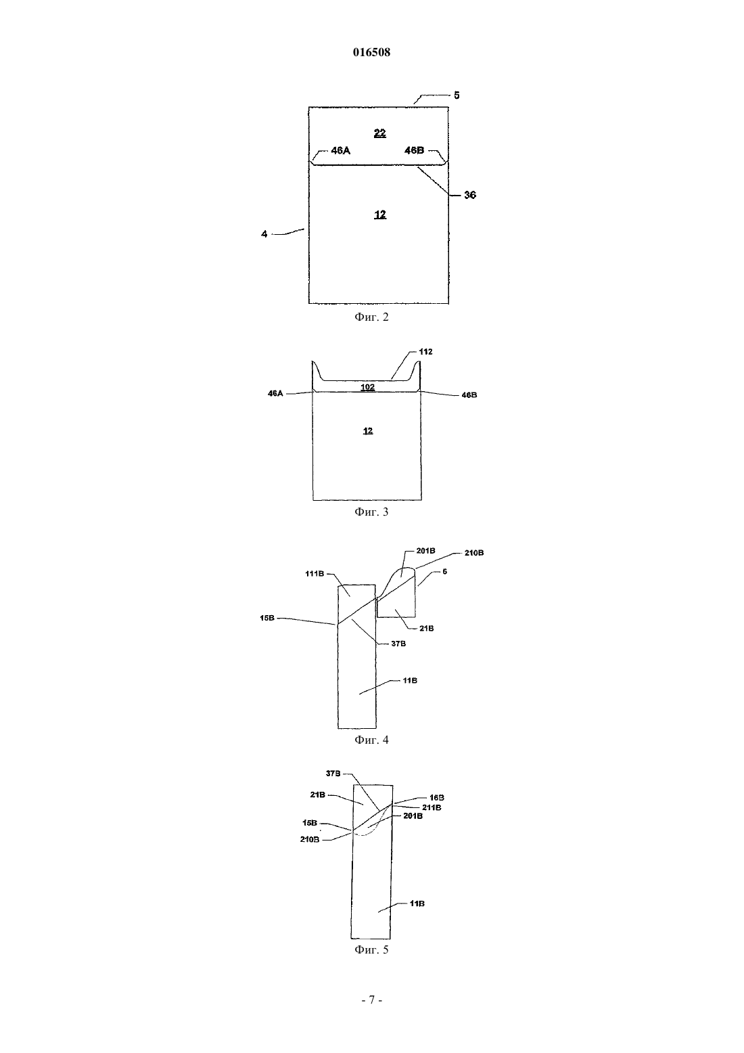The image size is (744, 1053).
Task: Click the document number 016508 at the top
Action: (x=371, y=52)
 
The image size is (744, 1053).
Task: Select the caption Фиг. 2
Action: (x=371, y=317)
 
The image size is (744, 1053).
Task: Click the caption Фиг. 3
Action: (x=371, y=512)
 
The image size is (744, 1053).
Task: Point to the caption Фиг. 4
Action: (x=371, y=740)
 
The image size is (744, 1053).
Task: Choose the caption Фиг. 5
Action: (x=371, y=949)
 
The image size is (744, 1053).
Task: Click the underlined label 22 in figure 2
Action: (x=380, y=133)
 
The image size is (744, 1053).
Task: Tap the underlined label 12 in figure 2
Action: (x=380, y=215)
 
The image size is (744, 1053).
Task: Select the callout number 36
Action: (x=469, y=195)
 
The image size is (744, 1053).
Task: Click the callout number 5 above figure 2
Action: (x=457, y=95)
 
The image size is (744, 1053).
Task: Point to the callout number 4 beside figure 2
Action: (x=264, y=233)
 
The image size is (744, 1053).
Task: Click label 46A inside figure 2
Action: (x=340, y=151)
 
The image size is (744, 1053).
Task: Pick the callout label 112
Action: (x=426, y=352)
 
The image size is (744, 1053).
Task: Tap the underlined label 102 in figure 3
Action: (x=367, y=387)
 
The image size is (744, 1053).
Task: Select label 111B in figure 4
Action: (x=315, y=573)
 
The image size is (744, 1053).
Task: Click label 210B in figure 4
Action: (x=474, y=553)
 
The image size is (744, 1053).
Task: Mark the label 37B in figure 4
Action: (x=398, y=644)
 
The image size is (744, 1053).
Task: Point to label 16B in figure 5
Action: (x=437, y=798)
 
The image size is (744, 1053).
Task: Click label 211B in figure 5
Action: (x=432, y=807)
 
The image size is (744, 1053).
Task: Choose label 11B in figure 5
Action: (x=417, y=903)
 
